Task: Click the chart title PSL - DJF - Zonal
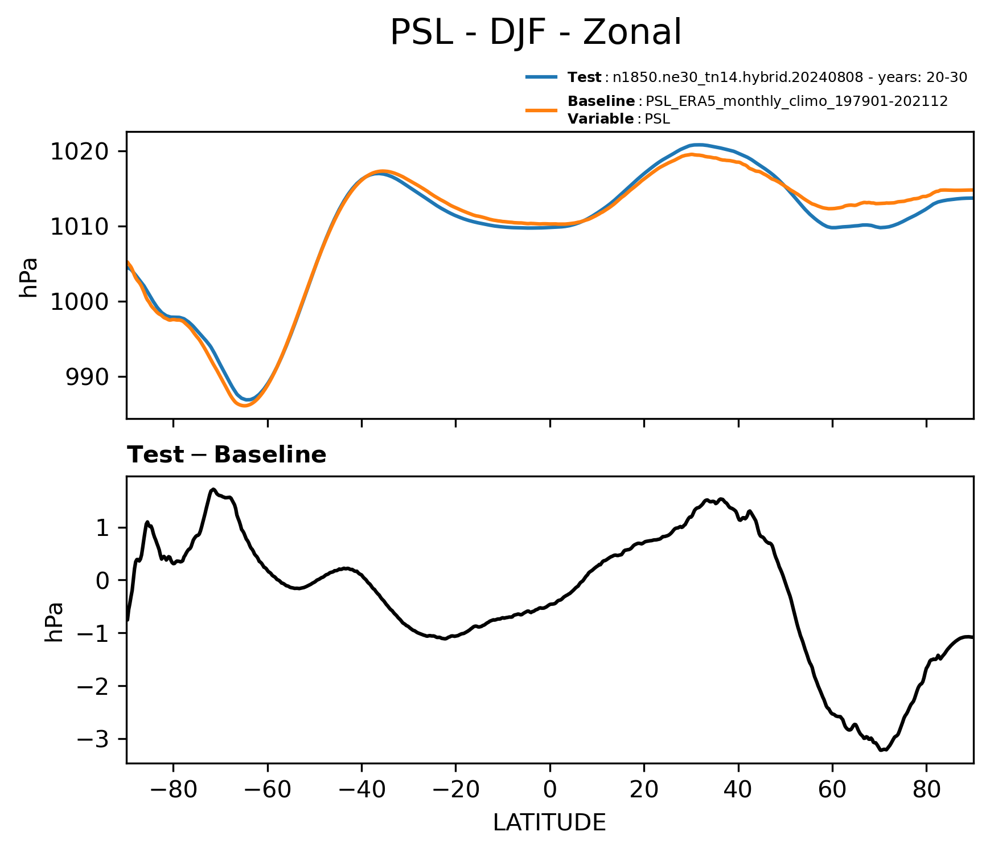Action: coord(535,32)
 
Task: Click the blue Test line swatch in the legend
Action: coord(541,77)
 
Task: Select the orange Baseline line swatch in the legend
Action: coord(541,110)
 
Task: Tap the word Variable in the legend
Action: coord(601,119)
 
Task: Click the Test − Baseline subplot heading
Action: coord(227,455)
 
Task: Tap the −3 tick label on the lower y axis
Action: coord(93,739)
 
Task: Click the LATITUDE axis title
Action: coord(549,822)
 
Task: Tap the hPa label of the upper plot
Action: coord(28,277)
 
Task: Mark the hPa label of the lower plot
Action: coord(54,622)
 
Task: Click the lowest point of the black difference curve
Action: coord(881,751)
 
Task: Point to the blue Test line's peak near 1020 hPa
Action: coord(699,145)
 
